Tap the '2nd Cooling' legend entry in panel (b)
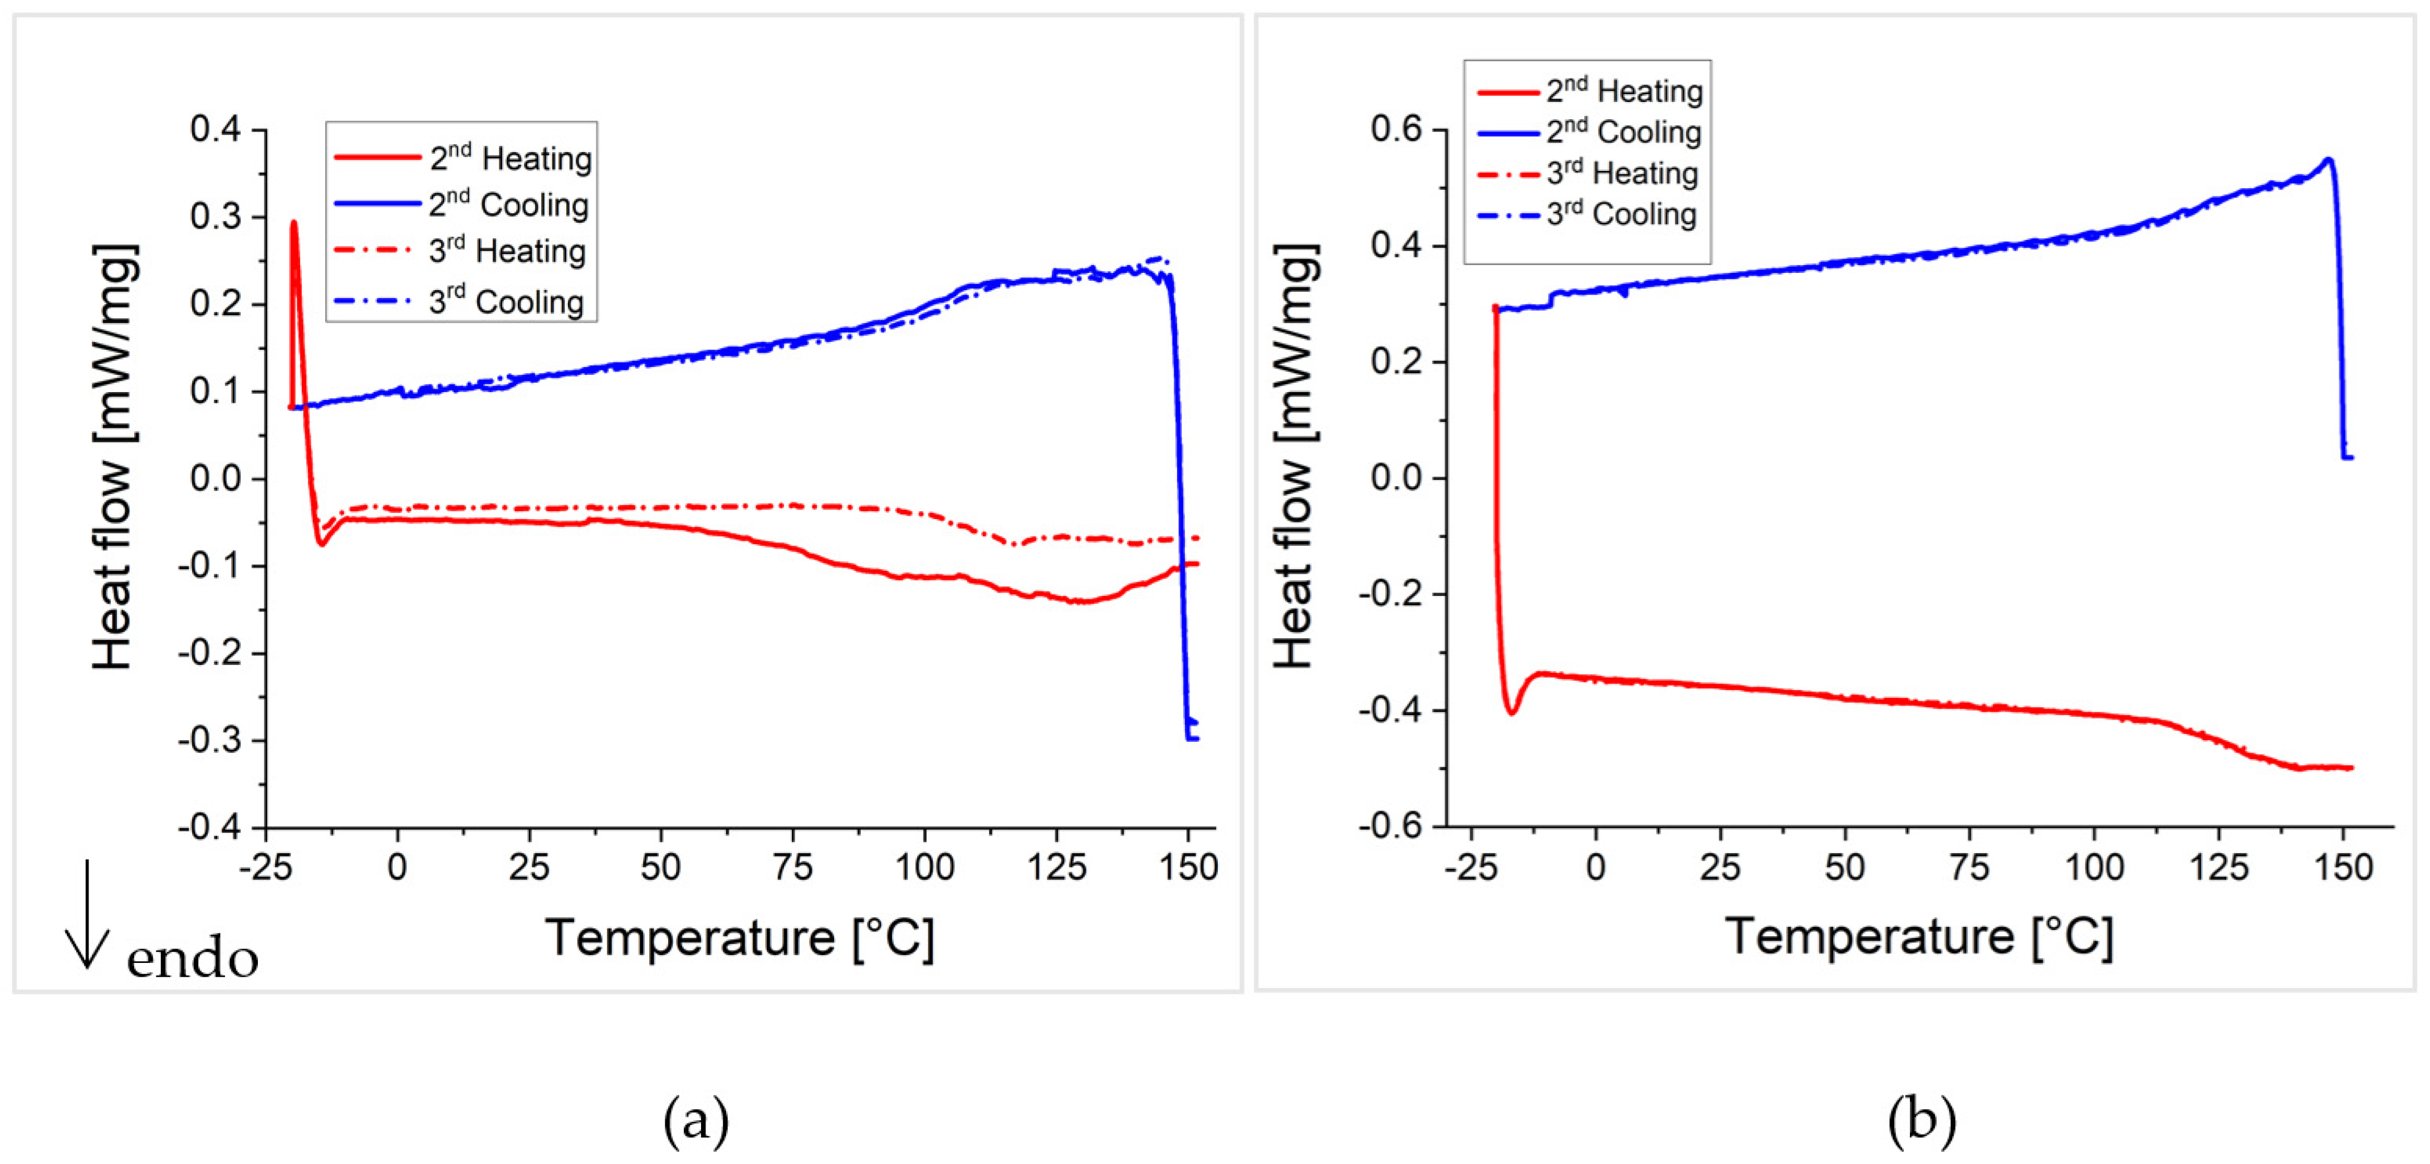pos(1623,132)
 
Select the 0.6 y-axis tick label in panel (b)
pos(1396,129)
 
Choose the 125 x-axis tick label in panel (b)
pos(2219,866)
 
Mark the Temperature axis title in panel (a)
pos(741,938)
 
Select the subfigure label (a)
pos(696,1121)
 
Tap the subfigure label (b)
pos(1922,1121)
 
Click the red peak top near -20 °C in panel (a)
pos(293,223)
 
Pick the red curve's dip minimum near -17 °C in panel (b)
pos(1511,712)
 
